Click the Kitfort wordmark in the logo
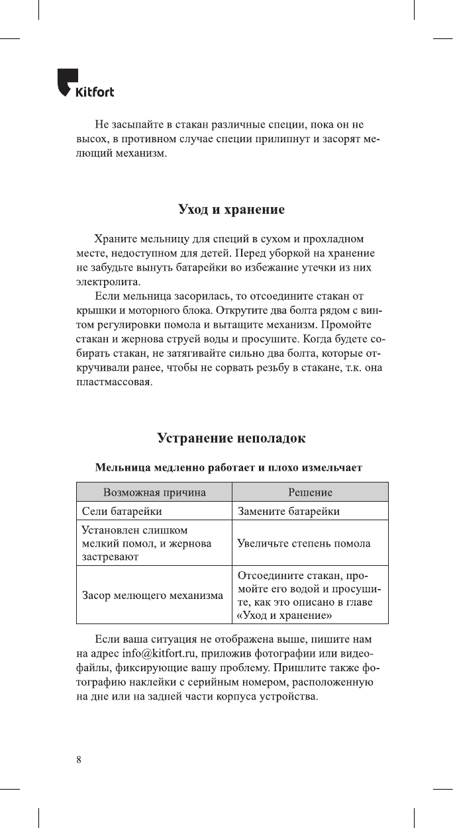pos(95,93)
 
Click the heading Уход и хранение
pos(232,210)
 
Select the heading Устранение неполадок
pos(232,438)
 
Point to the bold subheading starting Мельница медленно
pos(228,467)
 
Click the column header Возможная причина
pos(154,492)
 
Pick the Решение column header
pos(310,492)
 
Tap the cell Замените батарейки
pos(289,511)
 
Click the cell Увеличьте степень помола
pos(303,543)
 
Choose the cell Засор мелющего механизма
pos(152,595)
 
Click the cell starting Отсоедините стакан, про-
pos(309,594)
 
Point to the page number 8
pos(79,759)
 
